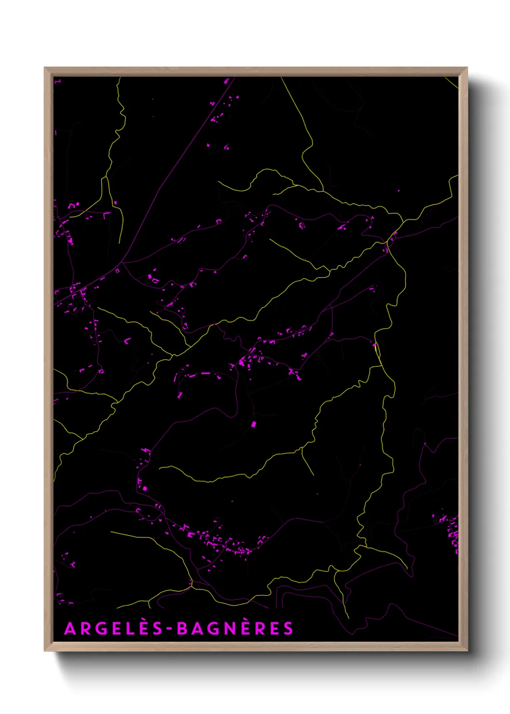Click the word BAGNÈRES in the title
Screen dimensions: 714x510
click(x=235, y=629)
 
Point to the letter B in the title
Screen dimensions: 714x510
click(x=182, y=629)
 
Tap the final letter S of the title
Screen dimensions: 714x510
click(x=288, y=629)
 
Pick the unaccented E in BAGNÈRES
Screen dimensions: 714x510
click(x=274, y=629)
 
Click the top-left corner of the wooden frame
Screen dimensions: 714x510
click(x=45, y=68)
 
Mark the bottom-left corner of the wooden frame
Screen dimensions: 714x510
click(x=45, y=651)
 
